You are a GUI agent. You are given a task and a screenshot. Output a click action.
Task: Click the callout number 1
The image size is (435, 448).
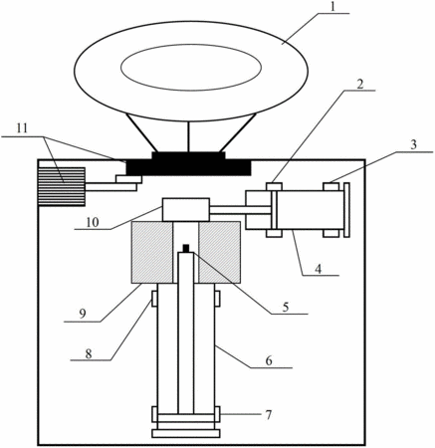coord(333,7)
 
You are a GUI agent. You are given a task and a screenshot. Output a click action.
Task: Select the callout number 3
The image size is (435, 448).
coord(413,145)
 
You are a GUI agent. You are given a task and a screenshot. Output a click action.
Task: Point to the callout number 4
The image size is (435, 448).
coord(319,269)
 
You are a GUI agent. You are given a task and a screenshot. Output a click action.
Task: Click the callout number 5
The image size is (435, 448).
coord(286,307)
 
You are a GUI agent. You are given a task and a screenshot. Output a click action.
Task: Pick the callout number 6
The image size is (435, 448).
coord(269,360)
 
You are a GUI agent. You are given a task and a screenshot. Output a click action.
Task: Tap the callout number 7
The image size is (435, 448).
coord(269,414)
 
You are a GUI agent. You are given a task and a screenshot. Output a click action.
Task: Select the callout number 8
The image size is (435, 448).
coord(89,353)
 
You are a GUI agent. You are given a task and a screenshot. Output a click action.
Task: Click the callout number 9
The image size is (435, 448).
coord(83,314)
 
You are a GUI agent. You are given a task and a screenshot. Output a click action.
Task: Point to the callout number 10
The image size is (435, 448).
coord(93,222)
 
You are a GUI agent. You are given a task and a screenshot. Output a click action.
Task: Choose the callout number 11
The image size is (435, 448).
coord(22,128)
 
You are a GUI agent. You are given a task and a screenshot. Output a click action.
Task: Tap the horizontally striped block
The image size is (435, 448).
coord(62,186)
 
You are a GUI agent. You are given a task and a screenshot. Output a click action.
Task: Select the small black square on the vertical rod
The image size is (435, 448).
coord(186,248)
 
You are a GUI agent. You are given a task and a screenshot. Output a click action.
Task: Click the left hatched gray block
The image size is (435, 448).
coord(152,252)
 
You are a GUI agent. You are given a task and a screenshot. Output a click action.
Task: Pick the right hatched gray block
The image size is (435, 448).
coord(219,252)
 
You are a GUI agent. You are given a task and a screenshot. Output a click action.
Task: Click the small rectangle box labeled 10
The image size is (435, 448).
coord(186,209)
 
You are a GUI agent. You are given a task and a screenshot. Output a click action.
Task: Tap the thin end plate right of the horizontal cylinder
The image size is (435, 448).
coord(346,210)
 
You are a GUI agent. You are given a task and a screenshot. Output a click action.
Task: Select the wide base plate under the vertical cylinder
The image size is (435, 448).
coord(186,433)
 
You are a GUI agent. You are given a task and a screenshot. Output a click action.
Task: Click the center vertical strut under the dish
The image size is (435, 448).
coord(188,136)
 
